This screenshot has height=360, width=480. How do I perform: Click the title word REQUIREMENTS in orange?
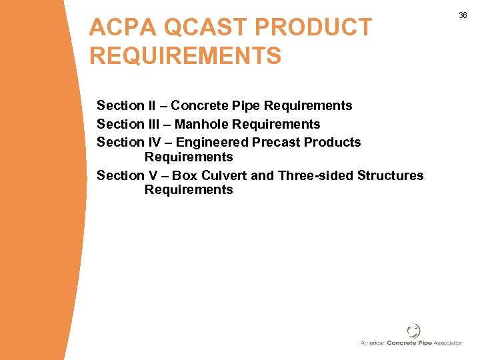point(185,55)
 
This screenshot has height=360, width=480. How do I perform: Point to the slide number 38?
point(463,15)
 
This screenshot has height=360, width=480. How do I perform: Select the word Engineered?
point(212,142)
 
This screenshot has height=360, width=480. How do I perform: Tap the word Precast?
point(275,142)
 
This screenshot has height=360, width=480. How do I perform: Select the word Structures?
point(390,175)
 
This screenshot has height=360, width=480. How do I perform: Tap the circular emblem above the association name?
point(413,330)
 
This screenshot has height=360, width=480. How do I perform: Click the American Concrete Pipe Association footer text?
point(411,343)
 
